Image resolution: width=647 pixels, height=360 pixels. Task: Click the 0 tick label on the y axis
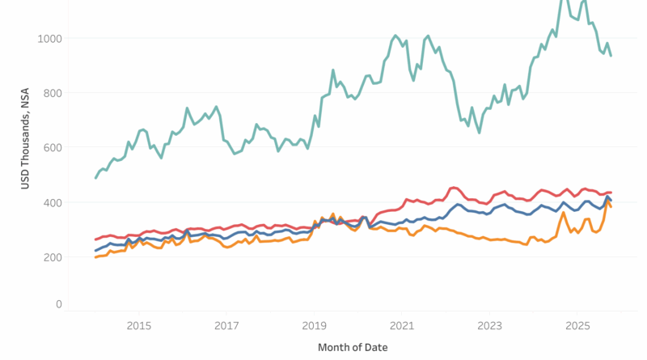point(58,304)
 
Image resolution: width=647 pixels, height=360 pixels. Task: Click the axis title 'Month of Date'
point(353,347)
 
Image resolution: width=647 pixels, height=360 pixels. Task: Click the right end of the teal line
point(611,55)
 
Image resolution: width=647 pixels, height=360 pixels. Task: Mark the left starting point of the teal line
point(95,178)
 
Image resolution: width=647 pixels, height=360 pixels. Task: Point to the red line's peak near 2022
point(454,188)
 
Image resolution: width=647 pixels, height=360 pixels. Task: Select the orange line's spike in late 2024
point(563,213)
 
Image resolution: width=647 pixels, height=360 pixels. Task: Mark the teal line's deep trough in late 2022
point(479,132)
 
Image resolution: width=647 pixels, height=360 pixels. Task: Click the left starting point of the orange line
point(95,257)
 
